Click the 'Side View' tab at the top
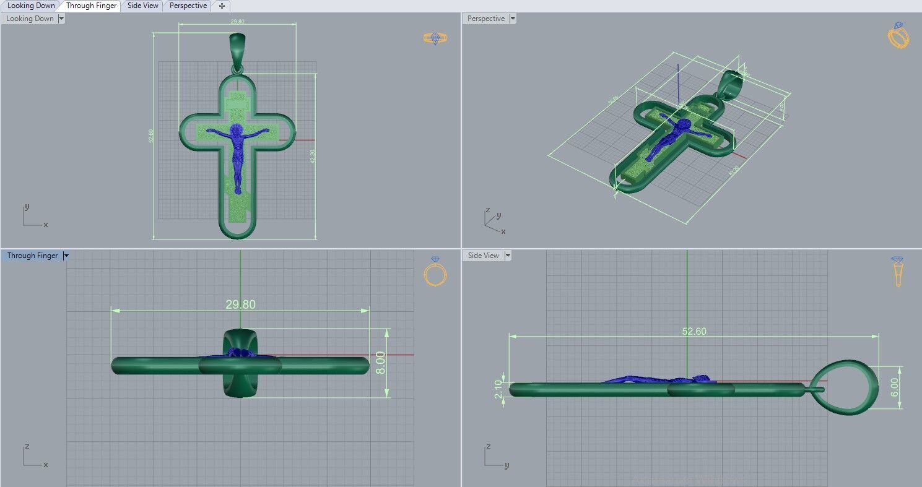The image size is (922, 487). (142, 6)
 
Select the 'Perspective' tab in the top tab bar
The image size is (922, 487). (188, 6)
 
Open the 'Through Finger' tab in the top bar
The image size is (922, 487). (91, 6)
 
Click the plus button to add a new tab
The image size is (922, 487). (222, 6)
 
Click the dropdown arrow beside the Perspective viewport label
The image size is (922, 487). (512, 19)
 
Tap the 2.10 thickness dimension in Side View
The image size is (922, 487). (498, 389)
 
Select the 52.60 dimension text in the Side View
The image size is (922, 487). (694, 331)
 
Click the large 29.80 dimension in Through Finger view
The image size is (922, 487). (240, 304)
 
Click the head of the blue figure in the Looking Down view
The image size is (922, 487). (237, 131)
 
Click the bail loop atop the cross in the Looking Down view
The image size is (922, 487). (237, 47)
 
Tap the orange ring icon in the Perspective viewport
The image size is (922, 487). (898, 35)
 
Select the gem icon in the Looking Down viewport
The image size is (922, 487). (435, 38)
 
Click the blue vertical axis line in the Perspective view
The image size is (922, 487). (678, 84)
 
